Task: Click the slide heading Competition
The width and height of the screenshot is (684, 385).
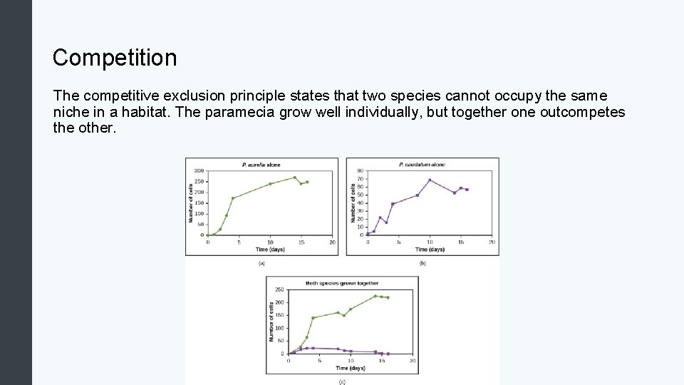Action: click(x=115, y=58)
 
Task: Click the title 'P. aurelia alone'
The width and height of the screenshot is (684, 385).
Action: click(x=261, y=165)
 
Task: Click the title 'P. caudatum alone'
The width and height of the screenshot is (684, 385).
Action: click(x=423, y=165)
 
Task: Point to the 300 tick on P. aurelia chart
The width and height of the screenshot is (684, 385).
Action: click(x=199, y=171)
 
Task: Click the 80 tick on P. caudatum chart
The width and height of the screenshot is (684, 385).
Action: click(x=361, y=171)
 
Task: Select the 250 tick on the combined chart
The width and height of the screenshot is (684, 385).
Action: click(x=279, y=289)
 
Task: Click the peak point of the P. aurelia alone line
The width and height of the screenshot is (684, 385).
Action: click(x=295, y=178)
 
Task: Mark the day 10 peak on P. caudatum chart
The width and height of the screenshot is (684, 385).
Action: click(x=430, y=180)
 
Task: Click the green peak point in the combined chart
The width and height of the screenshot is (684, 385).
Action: click(x=375, y=296)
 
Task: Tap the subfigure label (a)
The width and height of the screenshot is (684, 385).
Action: click(x=261, y=263)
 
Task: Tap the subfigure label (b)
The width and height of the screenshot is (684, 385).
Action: click(x=423, y=263)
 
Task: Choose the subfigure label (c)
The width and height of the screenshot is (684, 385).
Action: click(x=342, y=381)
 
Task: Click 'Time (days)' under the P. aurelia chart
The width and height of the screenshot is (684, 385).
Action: click(x=270, y=250)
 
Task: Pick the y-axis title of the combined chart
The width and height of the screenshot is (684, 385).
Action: click(x=271, y=321)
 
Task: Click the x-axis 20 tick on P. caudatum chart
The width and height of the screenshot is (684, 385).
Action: click(x=492, y=242)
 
